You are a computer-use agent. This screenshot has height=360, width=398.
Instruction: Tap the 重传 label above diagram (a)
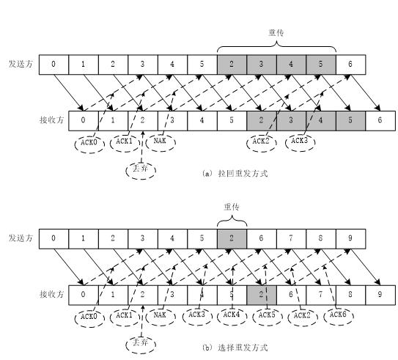click(x=276, y=33)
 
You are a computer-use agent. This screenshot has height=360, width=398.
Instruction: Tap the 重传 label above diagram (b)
click(x=232, y=207)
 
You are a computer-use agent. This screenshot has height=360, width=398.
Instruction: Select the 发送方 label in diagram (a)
click(x=20, y=63)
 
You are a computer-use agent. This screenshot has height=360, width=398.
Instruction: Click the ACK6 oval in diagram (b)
click(x=339, y=315)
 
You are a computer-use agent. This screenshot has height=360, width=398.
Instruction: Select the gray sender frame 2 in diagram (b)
click(x=232, y=238)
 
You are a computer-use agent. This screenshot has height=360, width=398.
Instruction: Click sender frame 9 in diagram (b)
click(x=350, y=238)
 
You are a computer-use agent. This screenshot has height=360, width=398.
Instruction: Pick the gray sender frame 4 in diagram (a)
click(x=291, y=63)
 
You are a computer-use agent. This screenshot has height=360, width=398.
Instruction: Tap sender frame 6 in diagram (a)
click(x=350, y=63)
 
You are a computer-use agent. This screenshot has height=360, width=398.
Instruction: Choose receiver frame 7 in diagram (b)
click(x=320, y=293)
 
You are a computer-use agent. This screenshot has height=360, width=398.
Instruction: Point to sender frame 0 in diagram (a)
click(x=54, y=63)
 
